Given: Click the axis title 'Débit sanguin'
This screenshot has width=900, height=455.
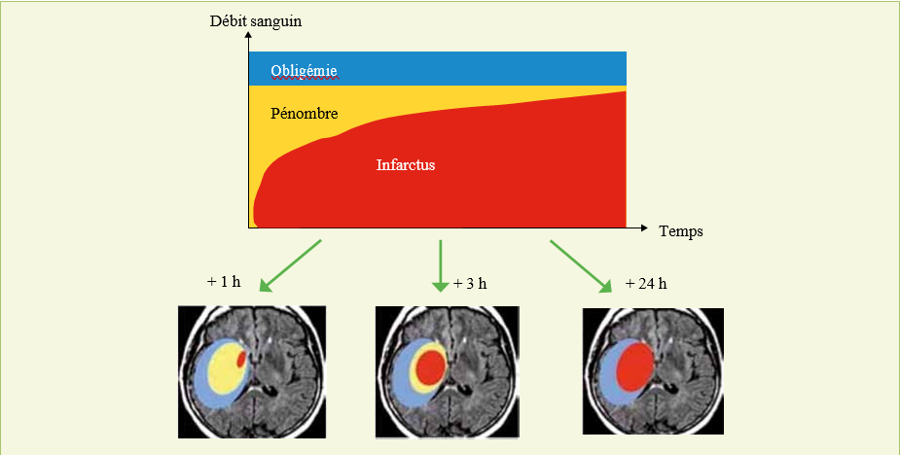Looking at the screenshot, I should (x=251, y=20).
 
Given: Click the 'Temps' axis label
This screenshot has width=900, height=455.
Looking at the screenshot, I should (x=680, y=231).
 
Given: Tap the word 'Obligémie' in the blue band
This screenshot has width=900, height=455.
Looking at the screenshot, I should (x=304, y=71).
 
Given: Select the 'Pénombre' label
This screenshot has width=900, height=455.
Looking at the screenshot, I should (x=304, y=114).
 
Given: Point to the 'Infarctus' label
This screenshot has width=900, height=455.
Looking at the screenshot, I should (x=406, y=165).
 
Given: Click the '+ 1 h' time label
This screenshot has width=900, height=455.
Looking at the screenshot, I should (x=223, y=283).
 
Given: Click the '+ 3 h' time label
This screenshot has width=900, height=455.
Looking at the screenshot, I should (x=470, y=284).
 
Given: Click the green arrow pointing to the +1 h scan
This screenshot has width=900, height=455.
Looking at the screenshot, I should (x=290, y=263).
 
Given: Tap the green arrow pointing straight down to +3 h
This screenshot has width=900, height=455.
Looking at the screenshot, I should (x=441, y=264).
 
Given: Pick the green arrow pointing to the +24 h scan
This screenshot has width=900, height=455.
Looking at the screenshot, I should (x=580, y=264).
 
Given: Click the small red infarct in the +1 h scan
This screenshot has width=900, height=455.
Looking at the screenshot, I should (x=242, y=347).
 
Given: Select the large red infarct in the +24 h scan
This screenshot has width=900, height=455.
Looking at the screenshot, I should (x=634, y=368).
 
